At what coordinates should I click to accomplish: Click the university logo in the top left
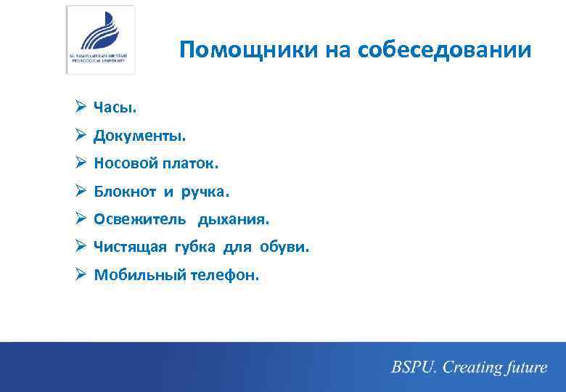pos(100,39)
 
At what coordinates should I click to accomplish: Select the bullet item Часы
pos(115,108)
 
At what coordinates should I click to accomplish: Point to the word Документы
pos(139,136)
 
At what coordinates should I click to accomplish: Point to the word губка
pos(193,248)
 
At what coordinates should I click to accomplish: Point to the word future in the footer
pos(522,367)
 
